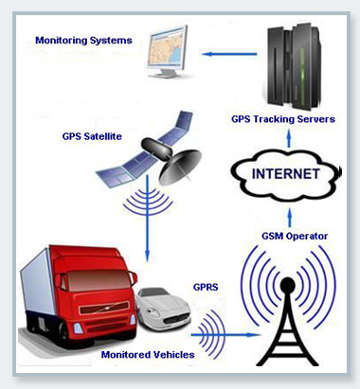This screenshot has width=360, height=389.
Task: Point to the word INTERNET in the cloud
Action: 287,173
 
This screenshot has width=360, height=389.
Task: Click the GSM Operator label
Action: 296,235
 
